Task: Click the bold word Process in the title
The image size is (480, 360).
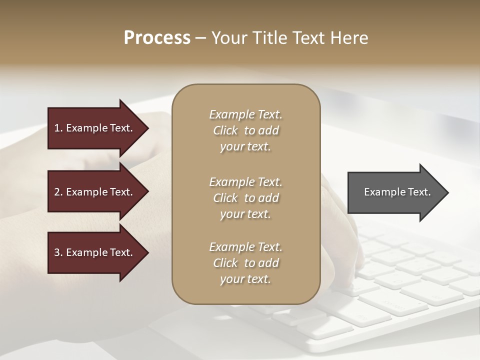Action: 157,38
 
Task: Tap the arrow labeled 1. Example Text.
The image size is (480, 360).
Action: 95,128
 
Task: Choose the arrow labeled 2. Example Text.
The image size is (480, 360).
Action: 95,192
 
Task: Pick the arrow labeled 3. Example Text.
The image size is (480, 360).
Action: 95,252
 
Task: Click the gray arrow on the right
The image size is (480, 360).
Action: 395,192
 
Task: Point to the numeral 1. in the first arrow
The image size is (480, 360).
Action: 58,128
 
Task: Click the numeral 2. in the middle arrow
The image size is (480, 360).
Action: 58,192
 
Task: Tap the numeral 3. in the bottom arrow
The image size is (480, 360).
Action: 58,252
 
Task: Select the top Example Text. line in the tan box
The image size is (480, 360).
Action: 245,114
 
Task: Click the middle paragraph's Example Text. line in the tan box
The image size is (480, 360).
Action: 245,181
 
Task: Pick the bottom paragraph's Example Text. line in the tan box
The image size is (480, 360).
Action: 245,247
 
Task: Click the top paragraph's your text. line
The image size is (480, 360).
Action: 245,147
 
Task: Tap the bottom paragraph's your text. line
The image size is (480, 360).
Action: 245,279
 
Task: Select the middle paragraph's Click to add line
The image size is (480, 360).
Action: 245,198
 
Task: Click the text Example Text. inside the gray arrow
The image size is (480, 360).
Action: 397,192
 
